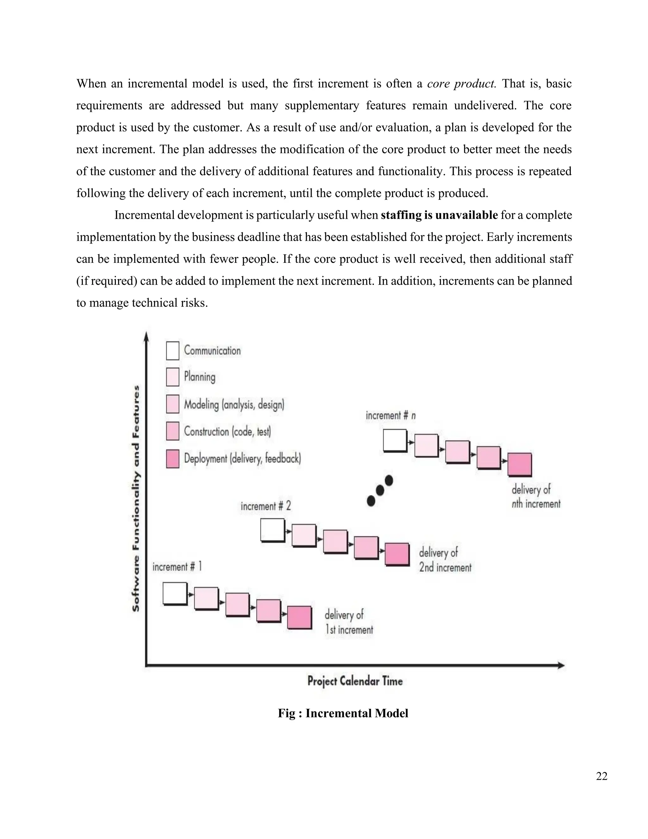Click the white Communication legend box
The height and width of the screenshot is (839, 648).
(172, 351)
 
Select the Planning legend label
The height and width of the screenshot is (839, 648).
(199, 377)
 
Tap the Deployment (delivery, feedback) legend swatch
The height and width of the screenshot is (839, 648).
(172, 459)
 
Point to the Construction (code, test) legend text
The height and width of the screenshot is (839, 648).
(227, 432)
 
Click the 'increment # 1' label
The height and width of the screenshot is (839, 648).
(177, 567)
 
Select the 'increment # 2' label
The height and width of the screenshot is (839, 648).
(266, 506)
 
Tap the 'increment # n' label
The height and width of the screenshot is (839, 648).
(390, 416)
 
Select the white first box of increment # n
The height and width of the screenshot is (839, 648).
(395, 440)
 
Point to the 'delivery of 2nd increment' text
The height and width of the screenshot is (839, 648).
(445, 560)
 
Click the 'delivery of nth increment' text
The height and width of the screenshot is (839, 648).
(536, 496)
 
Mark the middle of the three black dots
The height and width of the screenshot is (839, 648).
(380, 490)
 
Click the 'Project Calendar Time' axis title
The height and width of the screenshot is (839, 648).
(355, 681)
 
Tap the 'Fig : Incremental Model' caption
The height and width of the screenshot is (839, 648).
(343, 713)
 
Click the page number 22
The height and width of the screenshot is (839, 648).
(601, 776)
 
